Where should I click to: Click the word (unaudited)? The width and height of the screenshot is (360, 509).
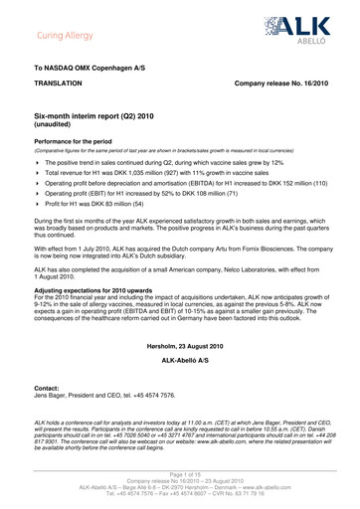(x=57, y=154)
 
